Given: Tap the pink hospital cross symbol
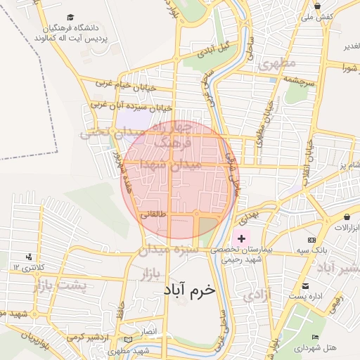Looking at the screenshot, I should point(241,239).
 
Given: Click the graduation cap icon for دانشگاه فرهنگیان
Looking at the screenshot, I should point(70,17).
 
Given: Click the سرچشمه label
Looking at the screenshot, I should point(302,82).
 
